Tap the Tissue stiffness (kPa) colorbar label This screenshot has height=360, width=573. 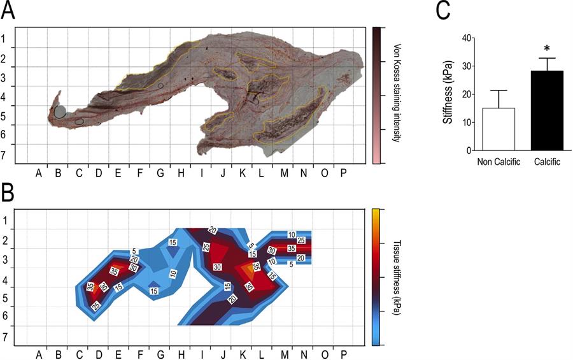(395, 278)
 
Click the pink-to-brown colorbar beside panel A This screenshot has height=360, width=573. (377, 95)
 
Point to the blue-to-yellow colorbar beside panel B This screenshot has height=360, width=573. (377, 277)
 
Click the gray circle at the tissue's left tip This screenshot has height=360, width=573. (60, 112)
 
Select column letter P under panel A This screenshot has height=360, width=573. (344, 171)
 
